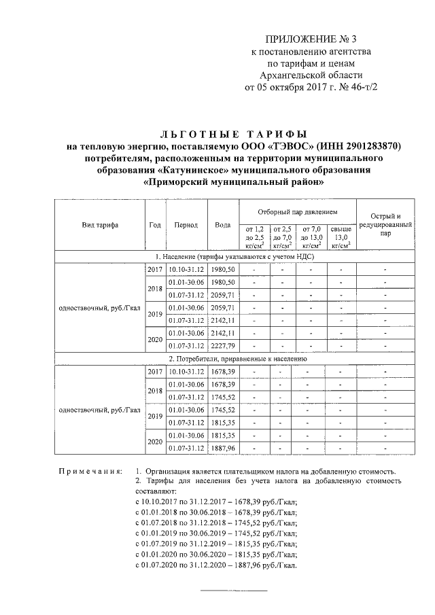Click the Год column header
(154, 225)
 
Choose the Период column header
(186, 225)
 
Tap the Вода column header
(222, 225)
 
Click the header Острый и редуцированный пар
(385, 225)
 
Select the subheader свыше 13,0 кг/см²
(341, 236)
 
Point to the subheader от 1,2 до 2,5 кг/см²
(254, 236)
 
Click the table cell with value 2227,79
(222, 345)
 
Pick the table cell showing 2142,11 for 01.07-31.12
(222, 320)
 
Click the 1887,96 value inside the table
(222, 448)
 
